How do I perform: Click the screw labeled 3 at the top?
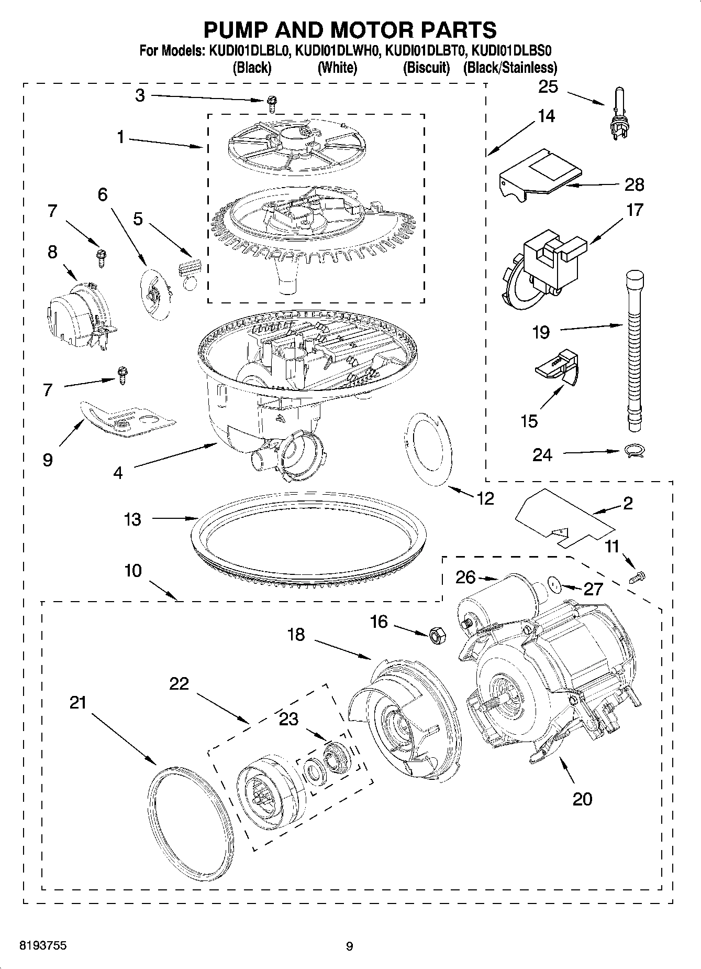point(271,103)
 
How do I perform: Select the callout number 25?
point(548,87)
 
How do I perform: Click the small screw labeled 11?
point(639,577)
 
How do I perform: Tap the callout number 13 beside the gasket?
point(132,519)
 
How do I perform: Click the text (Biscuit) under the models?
point(426,68)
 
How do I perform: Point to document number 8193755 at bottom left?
point(42,945)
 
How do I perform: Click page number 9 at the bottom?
point(350,946)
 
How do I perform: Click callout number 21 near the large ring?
point(78,702)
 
